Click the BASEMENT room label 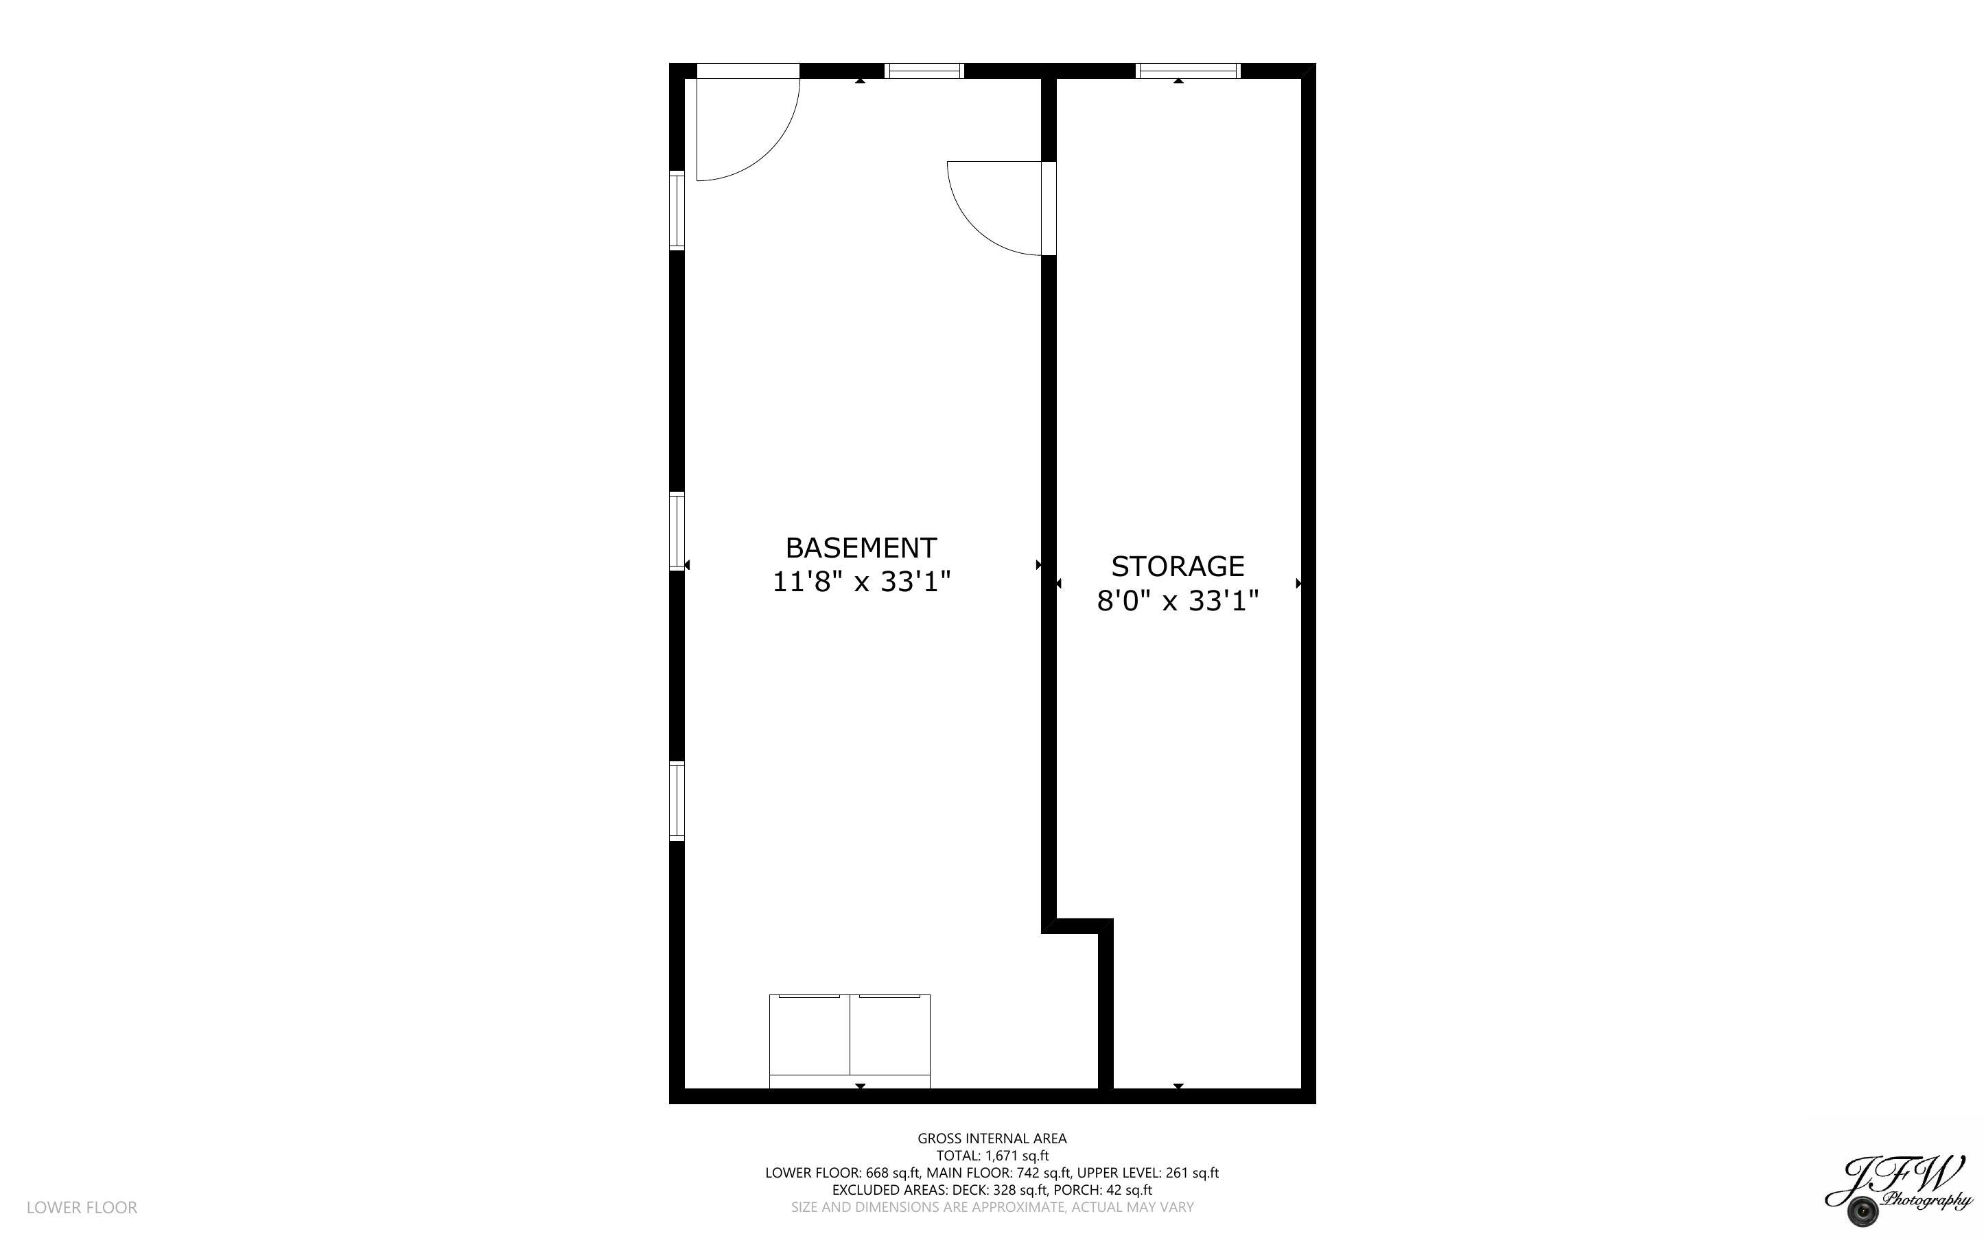click(x=861, y=547)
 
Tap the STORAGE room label click(x=1177, y=566)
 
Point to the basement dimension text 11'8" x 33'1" click(x=861, y=582)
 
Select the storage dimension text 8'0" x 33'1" click(x=1177, y=601)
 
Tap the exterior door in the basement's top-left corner click(x=747, y=123)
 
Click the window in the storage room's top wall click(x=1187, y=71)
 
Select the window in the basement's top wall click(x=924, y=71)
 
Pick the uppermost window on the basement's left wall click(x=677, y=209)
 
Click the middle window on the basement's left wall click(x=677, y=531)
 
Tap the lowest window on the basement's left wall click(x=677, y=800)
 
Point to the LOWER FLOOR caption click(x=82, y=1207)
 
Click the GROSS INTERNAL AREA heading click(x=992, y=1138)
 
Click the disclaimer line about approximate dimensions click(x=992, y=1207)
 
